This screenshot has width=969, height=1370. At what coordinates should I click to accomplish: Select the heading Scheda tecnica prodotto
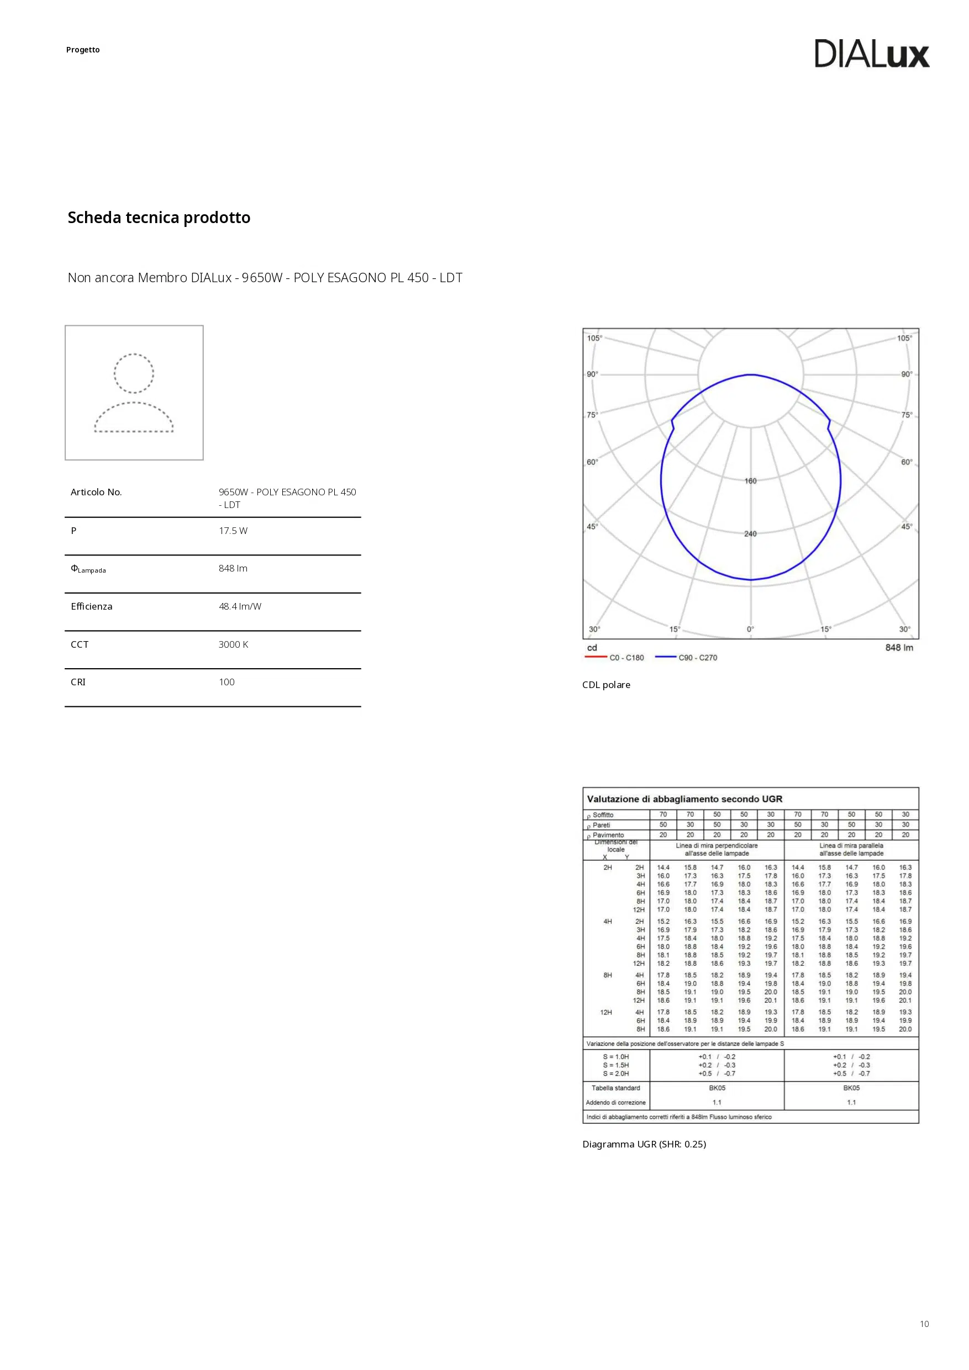(159, 218)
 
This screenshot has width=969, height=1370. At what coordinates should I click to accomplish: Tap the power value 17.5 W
(233, 531)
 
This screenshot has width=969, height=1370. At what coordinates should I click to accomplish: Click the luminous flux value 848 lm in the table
(233, 568)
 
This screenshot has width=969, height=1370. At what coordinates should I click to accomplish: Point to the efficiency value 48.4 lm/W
(240, 606)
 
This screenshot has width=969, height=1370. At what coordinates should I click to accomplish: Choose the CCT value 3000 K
(234, 644)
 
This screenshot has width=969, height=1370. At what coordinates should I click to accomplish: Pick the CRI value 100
(227, 682)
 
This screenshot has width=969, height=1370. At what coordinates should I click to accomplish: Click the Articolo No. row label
(96, 492)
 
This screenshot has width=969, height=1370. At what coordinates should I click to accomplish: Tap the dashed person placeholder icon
(134, 393)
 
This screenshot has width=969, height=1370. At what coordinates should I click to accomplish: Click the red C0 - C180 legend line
(595, 657)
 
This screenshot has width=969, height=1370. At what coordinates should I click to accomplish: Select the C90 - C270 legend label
(697, 658)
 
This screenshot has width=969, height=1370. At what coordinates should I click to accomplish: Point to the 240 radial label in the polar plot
(750, 534)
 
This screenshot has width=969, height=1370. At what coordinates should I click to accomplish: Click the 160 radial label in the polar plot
(750, 481)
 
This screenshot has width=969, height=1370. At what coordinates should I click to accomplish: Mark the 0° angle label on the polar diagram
(750, 629)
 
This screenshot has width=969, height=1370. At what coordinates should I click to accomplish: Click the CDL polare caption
(606, 685)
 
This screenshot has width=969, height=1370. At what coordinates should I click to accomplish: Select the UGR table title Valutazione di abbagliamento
(684, 799)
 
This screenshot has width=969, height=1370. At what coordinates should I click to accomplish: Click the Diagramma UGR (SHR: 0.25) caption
(644, 1144)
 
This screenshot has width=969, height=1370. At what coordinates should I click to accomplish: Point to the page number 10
(924, 1324)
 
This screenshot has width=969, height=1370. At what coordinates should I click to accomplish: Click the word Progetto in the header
(83, 50)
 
